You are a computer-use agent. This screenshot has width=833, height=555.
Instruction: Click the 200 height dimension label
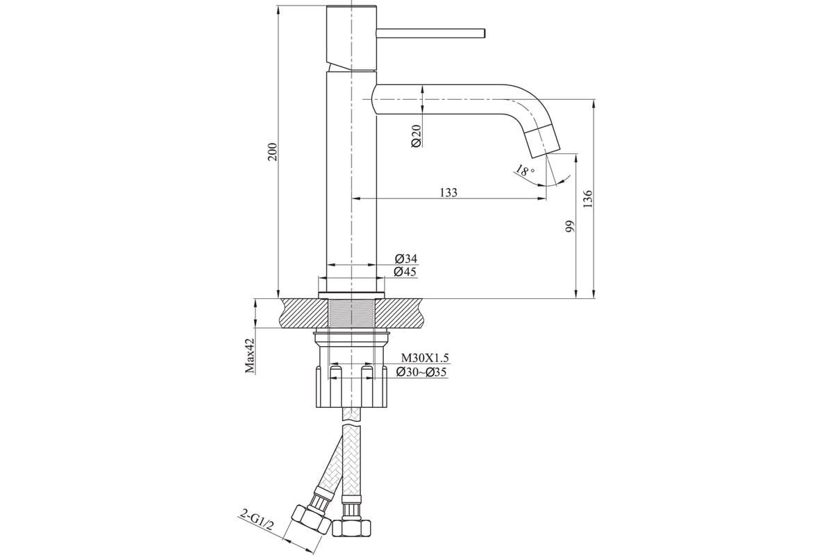[274, 151]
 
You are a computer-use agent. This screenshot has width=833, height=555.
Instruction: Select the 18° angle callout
[525, 171]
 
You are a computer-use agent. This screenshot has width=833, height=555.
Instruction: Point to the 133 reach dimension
[448, 193]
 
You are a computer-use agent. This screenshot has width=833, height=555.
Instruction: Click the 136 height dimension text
[587, 199]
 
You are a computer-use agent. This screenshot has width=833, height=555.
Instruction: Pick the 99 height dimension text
[570, 226]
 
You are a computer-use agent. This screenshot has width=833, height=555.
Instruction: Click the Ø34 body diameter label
[405, 258]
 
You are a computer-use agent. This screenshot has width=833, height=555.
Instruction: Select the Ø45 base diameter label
[405, 272]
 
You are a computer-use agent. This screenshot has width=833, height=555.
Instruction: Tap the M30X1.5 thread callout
[425, 357]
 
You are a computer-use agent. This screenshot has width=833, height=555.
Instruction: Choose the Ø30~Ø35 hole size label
[421, 372]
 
